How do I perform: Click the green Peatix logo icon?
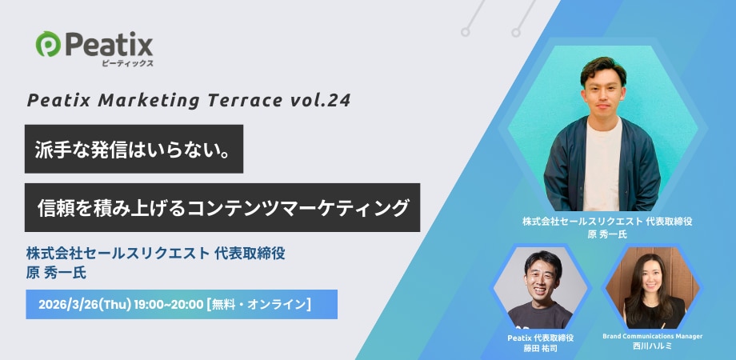pyautogui.click(x=48, y=44)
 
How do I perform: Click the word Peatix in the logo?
pyautogui.click(x=110, y=44)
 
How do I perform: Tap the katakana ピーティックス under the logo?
pyautogui.click(x=127, y=63)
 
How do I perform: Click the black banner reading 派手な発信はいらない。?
pyautogui.click(x=134, y=149)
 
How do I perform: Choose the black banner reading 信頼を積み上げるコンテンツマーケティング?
pyautogui.click(x=222, y=207)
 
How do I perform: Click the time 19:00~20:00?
pyautogui.click(x=169, y=305)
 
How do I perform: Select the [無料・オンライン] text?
pyautogui.click(x=258, y=305)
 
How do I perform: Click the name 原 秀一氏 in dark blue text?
pyautogui.click(x=56, y=273)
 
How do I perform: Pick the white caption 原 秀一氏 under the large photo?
pyautogui.click(x=607, y=234)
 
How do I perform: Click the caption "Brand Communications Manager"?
pyautogui.click(x=653, y=336)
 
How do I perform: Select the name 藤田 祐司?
pyautogui.click(x=541, y=348)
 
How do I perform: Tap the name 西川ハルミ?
pyautogui.click(x=653, y=346)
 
